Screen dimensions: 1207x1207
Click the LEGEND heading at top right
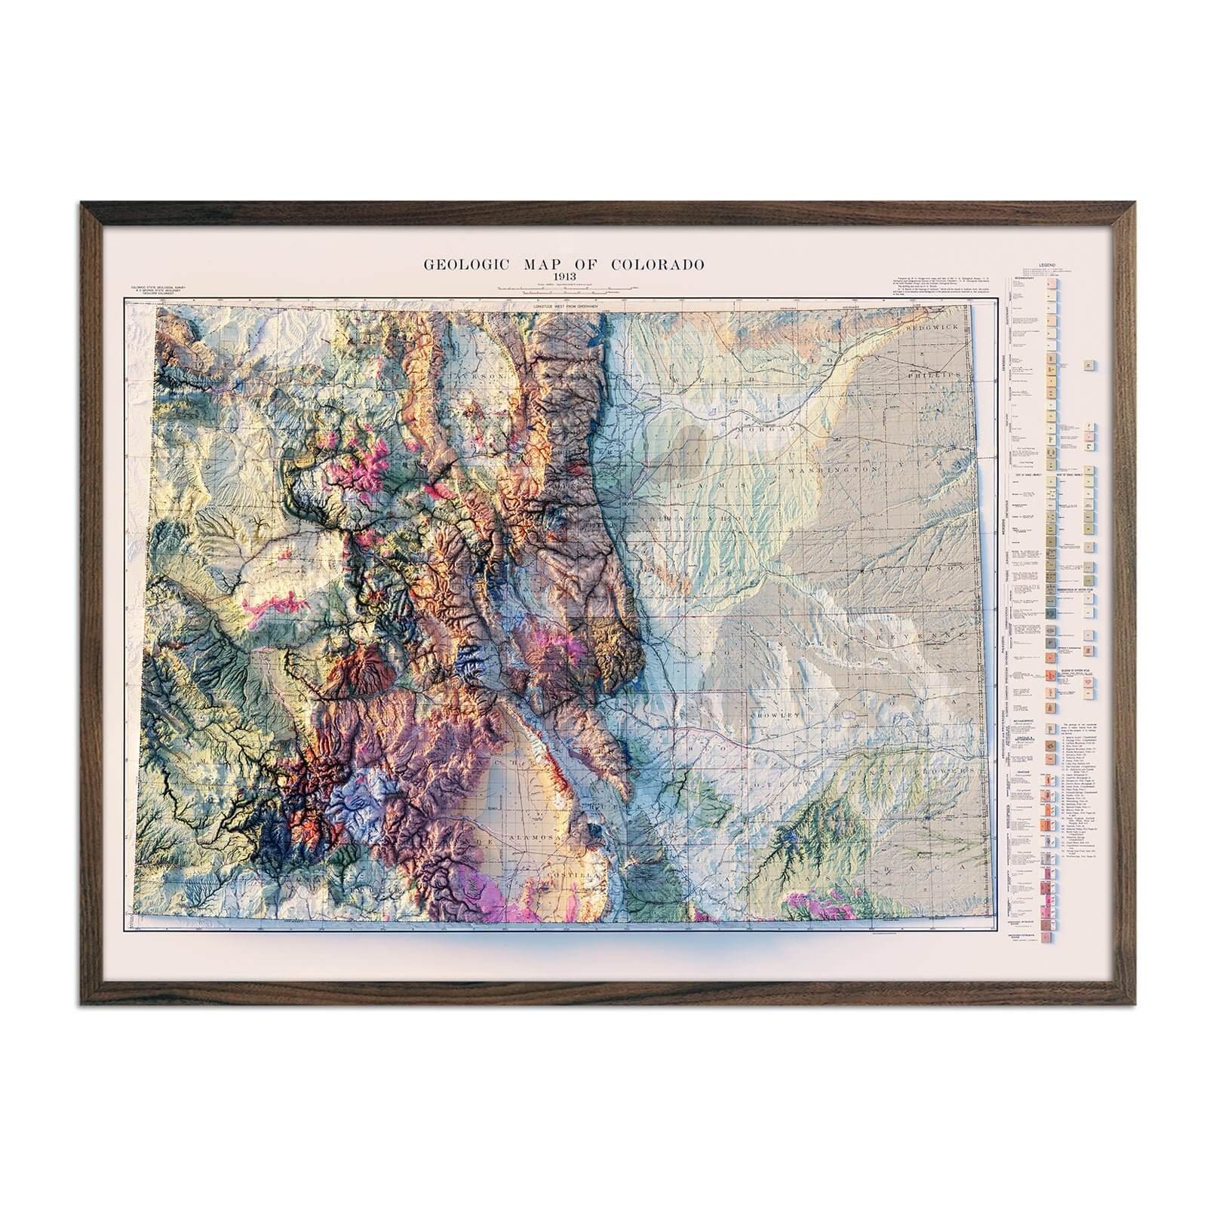coord(1047,266)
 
